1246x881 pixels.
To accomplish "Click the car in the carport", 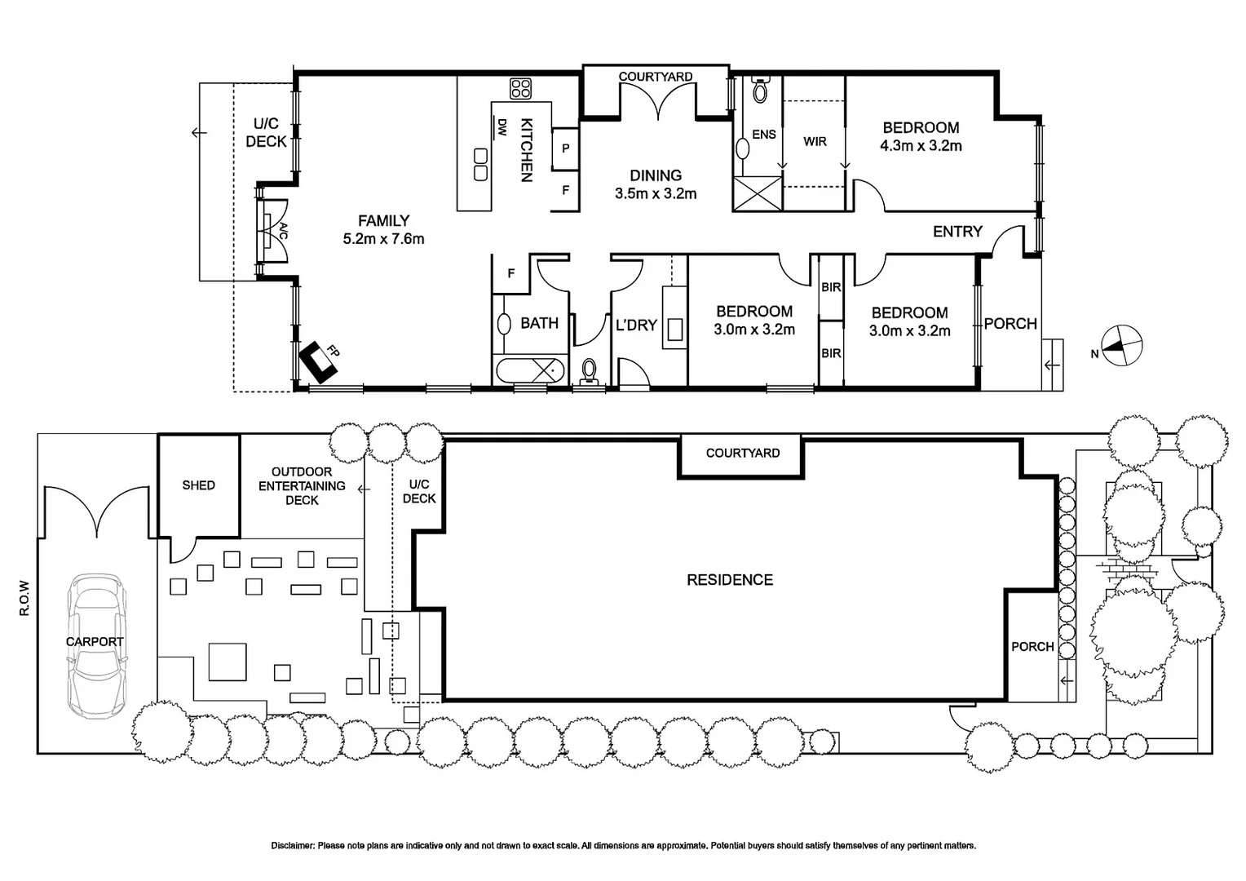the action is [x=97, y=647].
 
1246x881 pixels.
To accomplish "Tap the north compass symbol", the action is [x=1121, y=346].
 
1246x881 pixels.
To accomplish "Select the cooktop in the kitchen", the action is [x=520, y=88].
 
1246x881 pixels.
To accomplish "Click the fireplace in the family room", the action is [x=319, y=361].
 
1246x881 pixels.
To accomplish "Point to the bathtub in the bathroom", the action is [x=530, y=370].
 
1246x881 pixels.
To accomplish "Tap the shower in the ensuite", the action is [x=758, y=193].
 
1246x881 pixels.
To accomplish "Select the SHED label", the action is [x=199, y=485].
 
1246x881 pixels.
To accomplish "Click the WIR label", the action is [x=815, y=142].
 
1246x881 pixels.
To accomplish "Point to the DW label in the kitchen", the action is [x=501, y=127].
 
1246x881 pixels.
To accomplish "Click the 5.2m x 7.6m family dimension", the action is [x=384, y=239].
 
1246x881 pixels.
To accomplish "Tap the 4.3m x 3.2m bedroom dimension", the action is [x=921, y=146].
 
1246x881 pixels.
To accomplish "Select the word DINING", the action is [x=656, y=176].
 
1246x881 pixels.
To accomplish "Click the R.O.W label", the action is [x=24, y=598].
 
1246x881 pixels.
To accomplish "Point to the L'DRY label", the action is [x=636, y=325].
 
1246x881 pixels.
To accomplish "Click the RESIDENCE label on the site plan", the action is [x=730, y=580].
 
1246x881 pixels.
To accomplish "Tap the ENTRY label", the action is [x=957, y=232].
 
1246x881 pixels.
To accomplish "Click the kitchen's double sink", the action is [x=480, y=164].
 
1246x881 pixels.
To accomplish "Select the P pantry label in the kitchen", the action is [x=566, y=148].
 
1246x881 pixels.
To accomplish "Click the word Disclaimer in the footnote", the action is [x=293, y=845].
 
